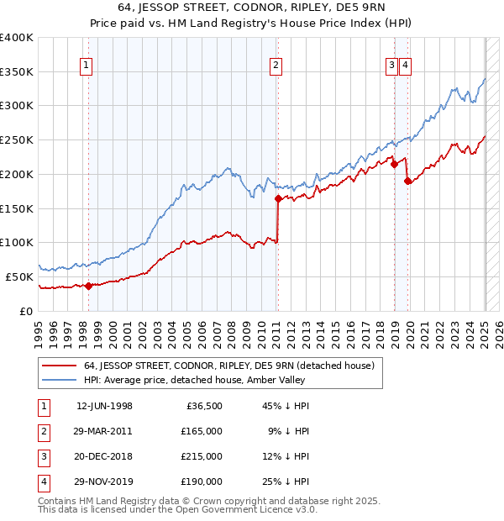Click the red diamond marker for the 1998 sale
click(88, 286)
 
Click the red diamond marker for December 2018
click(394, 165)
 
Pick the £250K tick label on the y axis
click(17, 139)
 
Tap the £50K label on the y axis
click(20, 276)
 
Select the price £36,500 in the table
click(204, 406)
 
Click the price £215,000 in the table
click(201, 456)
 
